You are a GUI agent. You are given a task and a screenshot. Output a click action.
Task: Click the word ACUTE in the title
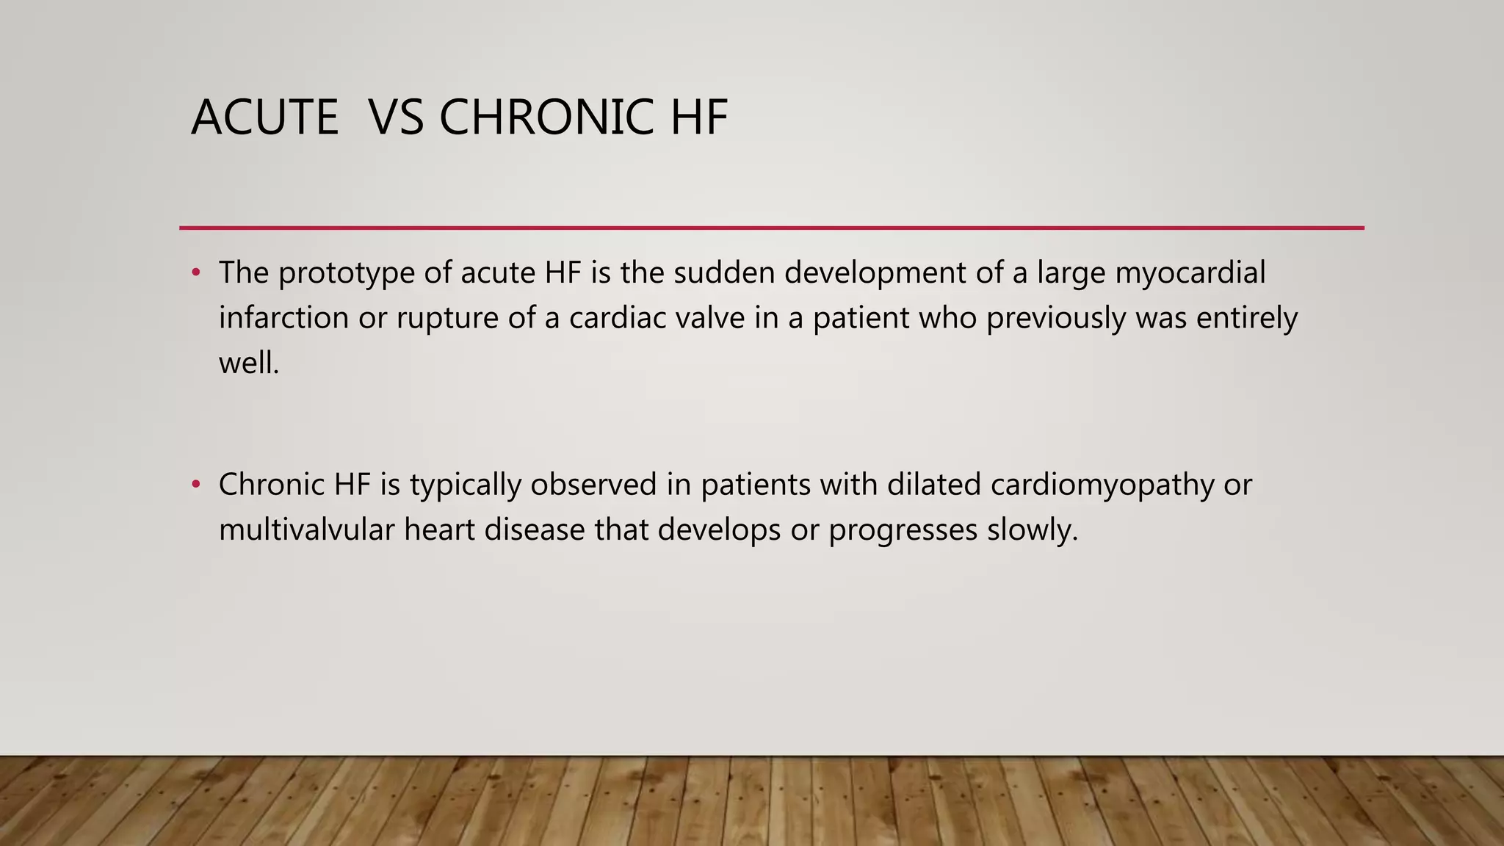264,117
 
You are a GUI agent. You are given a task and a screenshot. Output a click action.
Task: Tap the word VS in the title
396,117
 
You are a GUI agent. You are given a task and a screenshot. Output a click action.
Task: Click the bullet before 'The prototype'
195,273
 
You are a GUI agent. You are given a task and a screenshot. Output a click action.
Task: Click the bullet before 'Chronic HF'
195,485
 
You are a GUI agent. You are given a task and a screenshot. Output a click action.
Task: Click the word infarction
283,318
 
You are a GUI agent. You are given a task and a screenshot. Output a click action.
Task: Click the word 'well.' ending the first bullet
249,363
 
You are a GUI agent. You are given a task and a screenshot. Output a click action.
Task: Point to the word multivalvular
306,529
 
